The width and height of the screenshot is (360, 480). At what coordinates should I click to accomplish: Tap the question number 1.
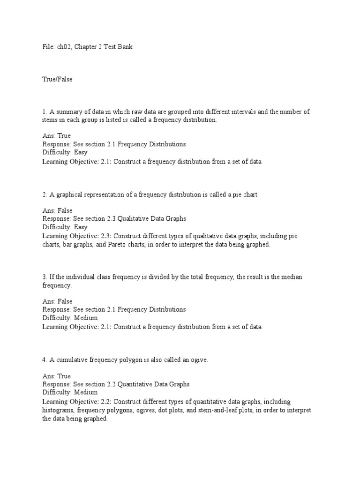point(44,112)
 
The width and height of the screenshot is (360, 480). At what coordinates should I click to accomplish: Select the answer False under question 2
point(65,211)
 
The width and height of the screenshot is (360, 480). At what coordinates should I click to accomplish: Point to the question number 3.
point(44,277)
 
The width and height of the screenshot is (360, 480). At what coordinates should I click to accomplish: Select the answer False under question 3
point(65,301)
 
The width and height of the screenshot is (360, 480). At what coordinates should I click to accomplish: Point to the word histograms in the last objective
point(58,411)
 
